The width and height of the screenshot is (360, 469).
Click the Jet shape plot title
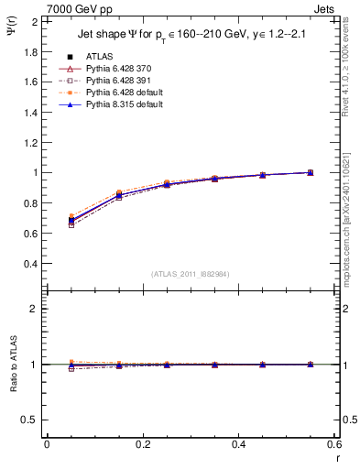click(187, 36)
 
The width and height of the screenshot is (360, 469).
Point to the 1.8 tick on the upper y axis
click(32, 51)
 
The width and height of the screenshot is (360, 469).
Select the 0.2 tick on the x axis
click(143, 443)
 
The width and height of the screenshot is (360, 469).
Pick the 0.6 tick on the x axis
click(335, 443)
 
